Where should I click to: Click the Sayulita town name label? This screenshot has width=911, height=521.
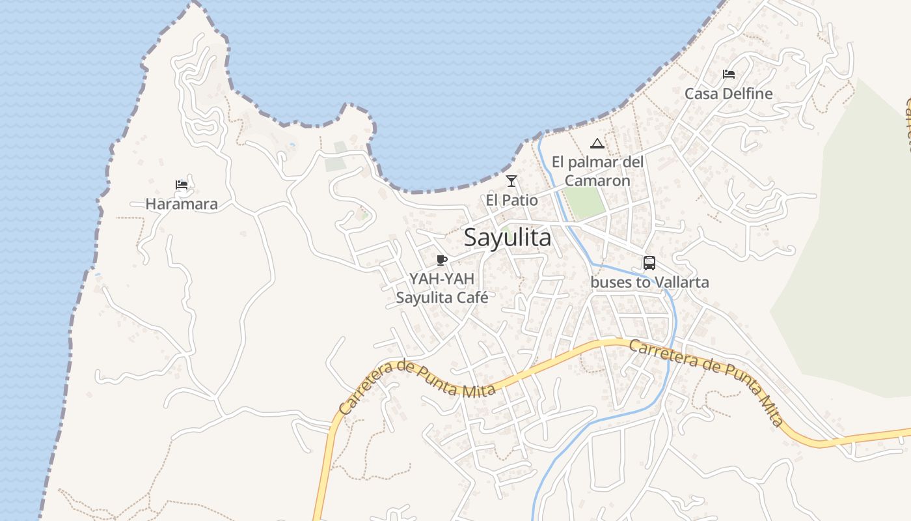pos(508,238)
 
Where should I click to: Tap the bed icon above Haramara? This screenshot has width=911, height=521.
pos(182,185)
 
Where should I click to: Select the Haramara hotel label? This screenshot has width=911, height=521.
pos(182,204)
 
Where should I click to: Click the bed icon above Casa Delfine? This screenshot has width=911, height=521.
pos(729,74)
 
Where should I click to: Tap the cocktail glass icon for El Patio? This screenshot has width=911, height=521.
pos(511,180)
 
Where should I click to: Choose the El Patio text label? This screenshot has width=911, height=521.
pos(511,199)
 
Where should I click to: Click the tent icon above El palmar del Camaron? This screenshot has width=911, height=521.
pos(597,143)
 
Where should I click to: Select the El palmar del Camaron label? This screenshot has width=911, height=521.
pos(597,171)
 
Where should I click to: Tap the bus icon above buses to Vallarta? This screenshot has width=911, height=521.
pos(649,263)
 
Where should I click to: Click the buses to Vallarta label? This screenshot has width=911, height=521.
pos(649,282)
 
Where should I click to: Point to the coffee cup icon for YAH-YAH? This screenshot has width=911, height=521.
pos(442,260)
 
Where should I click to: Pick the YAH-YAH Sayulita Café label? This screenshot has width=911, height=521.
pos(442,288)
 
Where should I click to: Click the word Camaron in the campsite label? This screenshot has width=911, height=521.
pos(597,180)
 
